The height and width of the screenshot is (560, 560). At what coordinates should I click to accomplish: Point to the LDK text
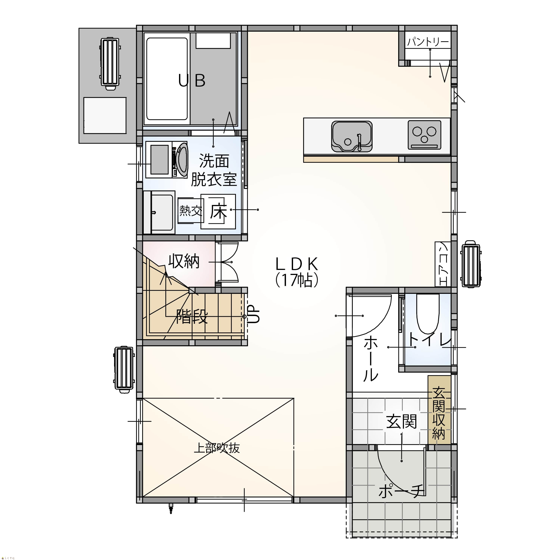point(297,264)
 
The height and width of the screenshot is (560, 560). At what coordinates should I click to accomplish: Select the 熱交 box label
point(190,210)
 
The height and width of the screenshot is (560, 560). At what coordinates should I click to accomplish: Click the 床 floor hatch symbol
point(218,212)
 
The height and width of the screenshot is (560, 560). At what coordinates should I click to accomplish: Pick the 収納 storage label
point(184,261)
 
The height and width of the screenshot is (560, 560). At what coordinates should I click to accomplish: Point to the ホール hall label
point(371,359)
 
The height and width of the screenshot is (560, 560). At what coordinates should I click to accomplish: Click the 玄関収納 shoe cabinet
point(439,410)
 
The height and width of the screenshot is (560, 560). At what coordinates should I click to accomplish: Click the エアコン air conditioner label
point(443,264)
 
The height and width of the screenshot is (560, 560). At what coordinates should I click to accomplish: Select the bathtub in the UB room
point(167,79)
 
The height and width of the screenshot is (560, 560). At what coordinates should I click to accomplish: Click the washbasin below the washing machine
point(159,212)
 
